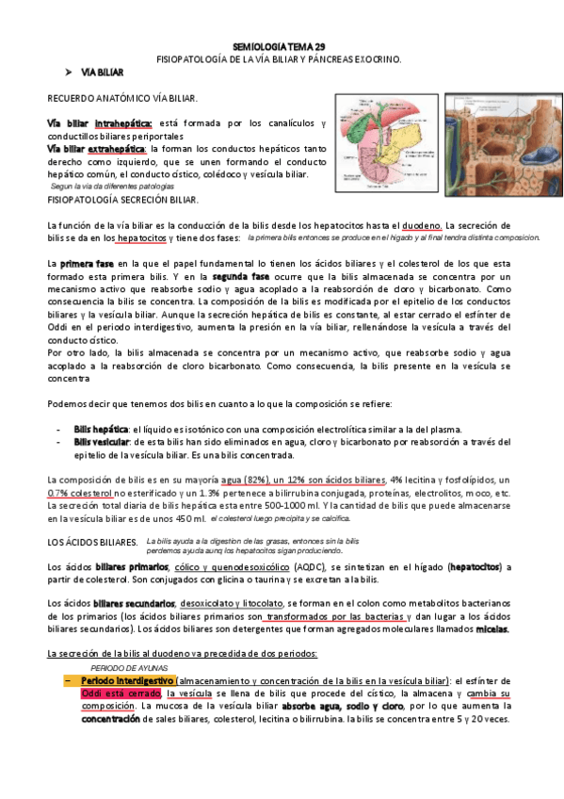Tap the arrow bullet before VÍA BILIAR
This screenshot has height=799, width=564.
coord(68,72)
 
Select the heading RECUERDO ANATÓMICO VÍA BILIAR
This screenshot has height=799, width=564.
coord(122,98)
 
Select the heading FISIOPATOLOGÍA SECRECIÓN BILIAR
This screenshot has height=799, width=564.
coord(123,201)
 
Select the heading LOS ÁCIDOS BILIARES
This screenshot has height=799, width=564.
coord(91,543)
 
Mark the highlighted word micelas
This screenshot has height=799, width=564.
coord(492,628)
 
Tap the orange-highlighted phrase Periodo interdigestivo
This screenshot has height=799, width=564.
coord(127,680)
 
